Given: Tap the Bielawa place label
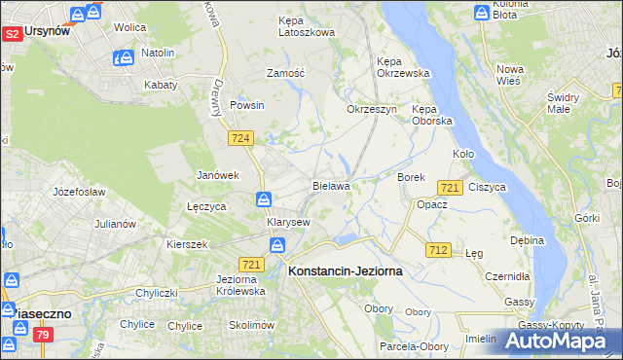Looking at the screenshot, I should click(331, 184).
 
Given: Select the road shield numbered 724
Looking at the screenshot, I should click(242, 139).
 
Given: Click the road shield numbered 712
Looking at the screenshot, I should click(438, 251).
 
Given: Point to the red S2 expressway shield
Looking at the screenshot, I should click(13, 34).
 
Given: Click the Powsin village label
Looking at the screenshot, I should click(247, 105).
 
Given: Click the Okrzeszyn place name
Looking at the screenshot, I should click(372, 109).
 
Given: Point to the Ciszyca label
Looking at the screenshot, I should click(487, 186).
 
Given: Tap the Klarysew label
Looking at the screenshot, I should click(288, 222).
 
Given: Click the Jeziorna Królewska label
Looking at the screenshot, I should click(234, 284).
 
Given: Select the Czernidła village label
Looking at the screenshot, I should click(508, 276).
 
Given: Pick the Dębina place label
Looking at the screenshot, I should click(527, 239).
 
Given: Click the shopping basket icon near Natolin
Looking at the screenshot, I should click(123, 58).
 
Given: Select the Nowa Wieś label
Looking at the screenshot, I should click(510, 76).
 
